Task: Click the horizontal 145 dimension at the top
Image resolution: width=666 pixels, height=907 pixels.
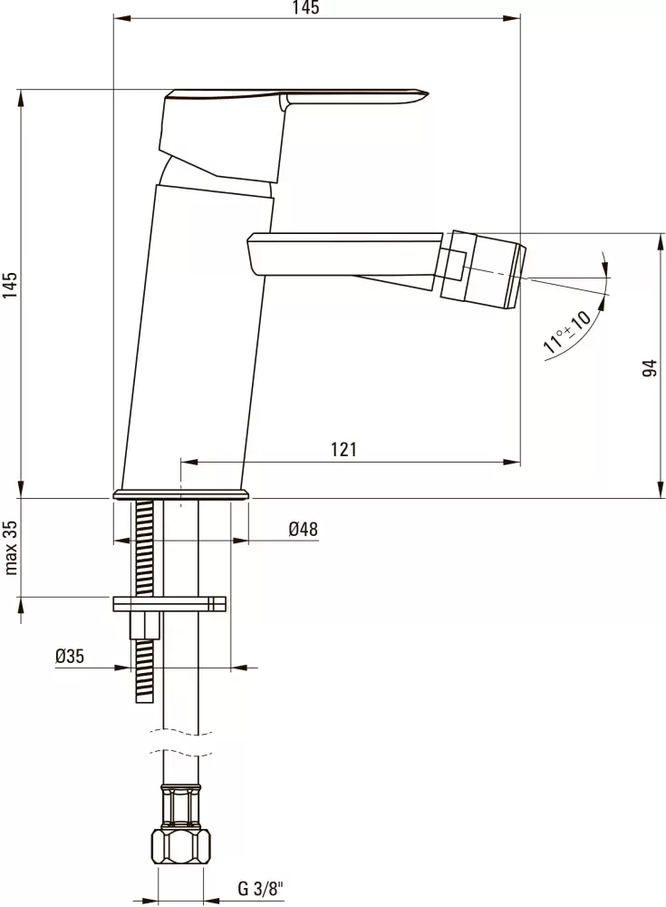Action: coord(306,7)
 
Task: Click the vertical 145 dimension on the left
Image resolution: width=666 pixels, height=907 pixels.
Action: coord(11,285)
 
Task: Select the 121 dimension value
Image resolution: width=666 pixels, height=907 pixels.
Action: coord(344,450)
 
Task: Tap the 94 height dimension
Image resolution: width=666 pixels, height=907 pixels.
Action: coord(651,368)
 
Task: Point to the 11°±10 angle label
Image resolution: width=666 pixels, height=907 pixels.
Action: coord(566,332)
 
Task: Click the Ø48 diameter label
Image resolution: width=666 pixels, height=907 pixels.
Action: coord(303,529)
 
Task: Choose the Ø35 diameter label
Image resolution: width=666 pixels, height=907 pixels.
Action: coord(70,656)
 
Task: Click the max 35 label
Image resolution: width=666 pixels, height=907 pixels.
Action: coord(11,547)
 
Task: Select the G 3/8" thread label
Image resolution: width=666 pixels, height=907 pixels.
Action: coord(261,888)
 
